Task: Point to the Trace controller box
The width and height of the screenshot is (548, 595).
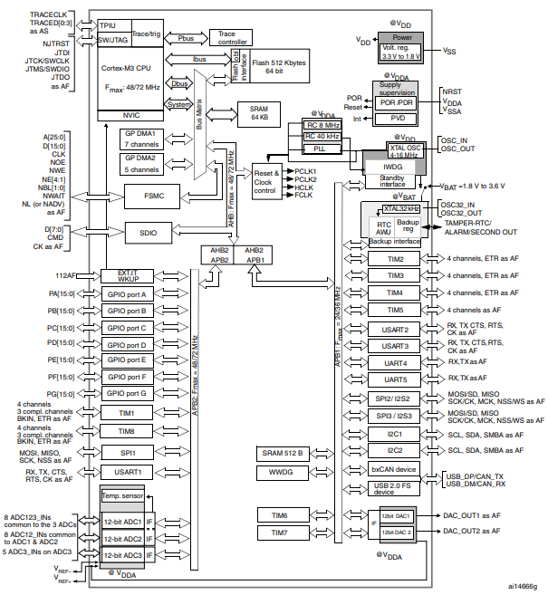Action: (234, 36)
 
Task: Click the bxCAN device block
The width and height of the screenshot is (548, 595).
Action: (393, 469)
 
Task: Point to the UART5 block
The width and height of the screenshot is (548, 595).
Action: (393, 379)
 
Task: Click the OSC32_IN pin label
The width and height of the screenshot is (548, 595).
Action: (459, 205)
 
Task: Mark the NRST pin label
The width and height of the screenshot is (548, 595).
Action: (451, 91)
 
